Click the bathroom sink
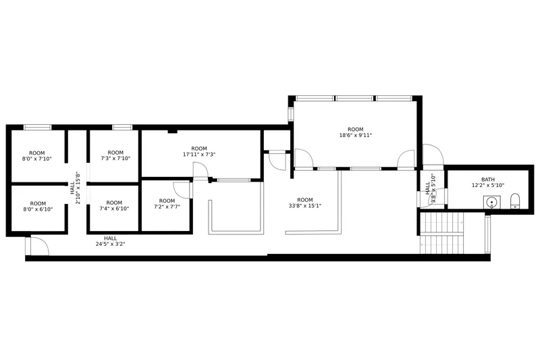pyautogui.click(x=492, y=202)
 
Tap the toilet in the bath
pyautogui.click(x=514, y=201)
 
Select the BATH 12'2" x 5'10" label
pyautogui.click(x=488, y=182)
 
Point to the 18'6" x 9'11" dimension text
pyautogui.click(x=356, y=135)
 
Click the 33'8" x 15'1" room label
pyautogui.click(x=305, y=203)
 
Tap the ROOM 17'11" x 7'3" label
pyautogui.click(x=199, y=151)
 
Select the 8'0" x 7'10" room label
pyautogui.click(x=37, y=156)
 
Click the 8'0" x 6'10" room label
pyautogui.click(x=38, y=207)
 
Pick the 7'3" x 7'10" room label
pyautogui.click(x=115, y=155)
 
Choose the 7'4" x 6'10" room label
pyautogui.click(x=114, y=205)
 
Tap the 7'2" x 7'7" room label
pyautogui.click(x=167, y=203)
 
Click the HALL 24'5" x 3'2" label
pyautogui.click(x=110, y=241)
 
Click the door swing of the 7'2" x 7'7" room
pyautogui.click(x=182, y=190)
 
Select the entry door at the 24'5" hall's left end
pyautogui.click(x=37, y=246)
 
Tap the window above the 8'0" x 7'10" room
pyautogui.click(x=38, y=128)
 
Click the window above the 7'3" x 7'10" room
pyautogui.click(x=122, y=128)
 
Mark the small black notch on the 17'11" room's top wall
pyautogui.click(x=173, y=131)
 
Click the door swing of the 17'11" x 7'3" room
pyautogui.click(x=200, y=171)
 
